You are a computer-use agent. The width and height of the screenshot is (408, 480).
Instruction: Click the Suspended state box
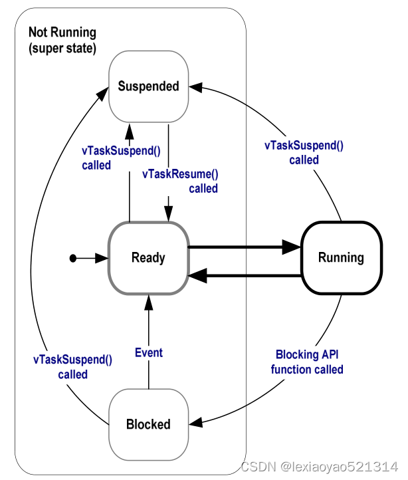click(x=148, y=86)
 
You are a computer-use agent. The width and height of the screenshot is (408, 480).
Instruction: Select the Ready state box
click(x=148, y=258)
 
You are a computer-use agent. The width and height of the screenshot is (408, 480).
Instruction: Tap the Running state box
click(x=341, y=258)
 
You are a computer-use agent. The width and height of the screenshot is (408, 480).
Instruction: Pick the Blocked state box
click(x=148, y=424)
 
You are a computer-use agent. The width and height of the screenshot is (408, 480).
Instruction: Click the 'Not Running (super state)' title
click(x=62, y=40)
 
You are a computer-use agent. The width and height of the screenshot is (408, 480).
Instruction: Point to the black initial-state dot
click(x=73, y=258)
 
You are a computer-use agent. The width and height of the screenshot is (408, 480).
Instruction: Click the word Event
click(x=148, y=352)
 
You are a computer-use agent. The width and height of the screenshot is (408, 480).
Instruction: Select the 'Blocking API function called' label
click(x=307, y=362)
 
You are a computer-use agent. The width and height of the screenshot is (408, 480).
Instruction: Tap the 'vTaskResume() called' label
click(x=181, y=181)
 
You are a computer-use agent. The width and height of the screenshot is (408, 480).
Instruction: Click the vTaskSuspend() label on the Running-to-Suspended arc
click(x=304, y=153)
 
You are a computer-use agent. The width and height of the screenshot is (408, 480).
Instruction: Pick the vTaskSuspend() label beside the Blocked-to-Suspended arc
click(x=72, y=367)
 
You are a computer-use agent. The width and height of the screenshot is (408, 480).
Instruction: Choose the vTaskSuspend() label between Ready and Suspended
click(x=122, y=157)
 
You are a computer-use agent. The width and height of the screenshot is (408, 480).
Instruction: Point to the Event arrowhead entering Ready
click(x=148, y=303)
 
